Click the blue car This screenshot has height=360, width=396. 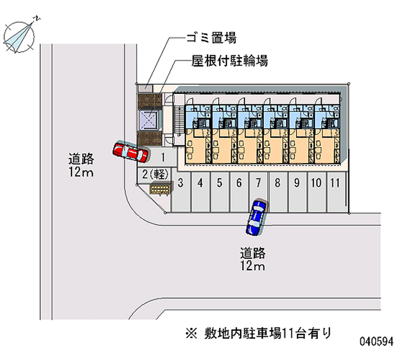256,217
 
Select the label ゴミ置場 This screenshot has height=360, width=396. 210,37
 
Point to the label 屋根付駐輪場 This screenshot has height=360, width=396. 230,61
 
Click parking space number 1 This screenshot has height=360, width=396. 163,157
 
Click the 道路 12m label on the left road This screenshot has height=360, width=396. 81,166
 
